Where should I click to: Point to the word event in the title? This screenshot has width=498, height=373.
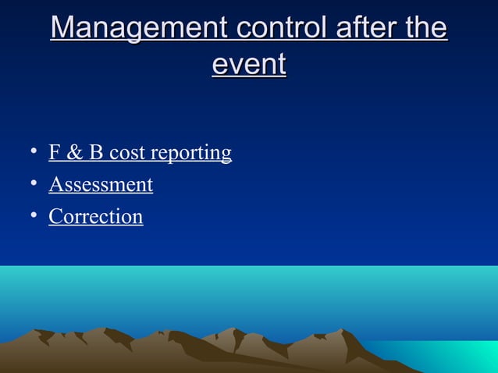(249, 64)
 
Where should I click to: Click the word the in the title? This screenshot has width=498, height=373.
(427, 29)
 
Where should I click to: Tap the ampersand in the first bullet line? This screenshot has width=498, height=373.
(74, 152)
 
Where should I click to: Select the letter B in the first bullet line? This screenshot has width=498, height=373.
(96, 152)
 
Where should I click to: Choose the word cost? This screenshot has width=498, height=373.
(126, 153)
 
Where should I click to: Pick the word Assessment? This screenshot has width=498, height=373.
(101, 185)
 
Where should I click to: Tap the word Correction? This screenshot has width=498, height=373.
(96, 216)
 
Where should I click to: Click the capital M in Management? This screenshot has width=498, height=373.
(64, 29)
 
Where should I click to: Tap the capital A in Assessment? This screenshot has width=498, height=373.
(55, 185)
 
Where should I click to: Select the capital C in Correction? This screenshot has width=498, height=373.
(55, 216)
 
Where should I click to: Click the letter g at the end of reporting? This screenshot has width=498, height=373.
(226, 155)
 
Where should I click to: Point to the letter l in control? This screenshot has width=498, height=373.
(322, 29)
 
